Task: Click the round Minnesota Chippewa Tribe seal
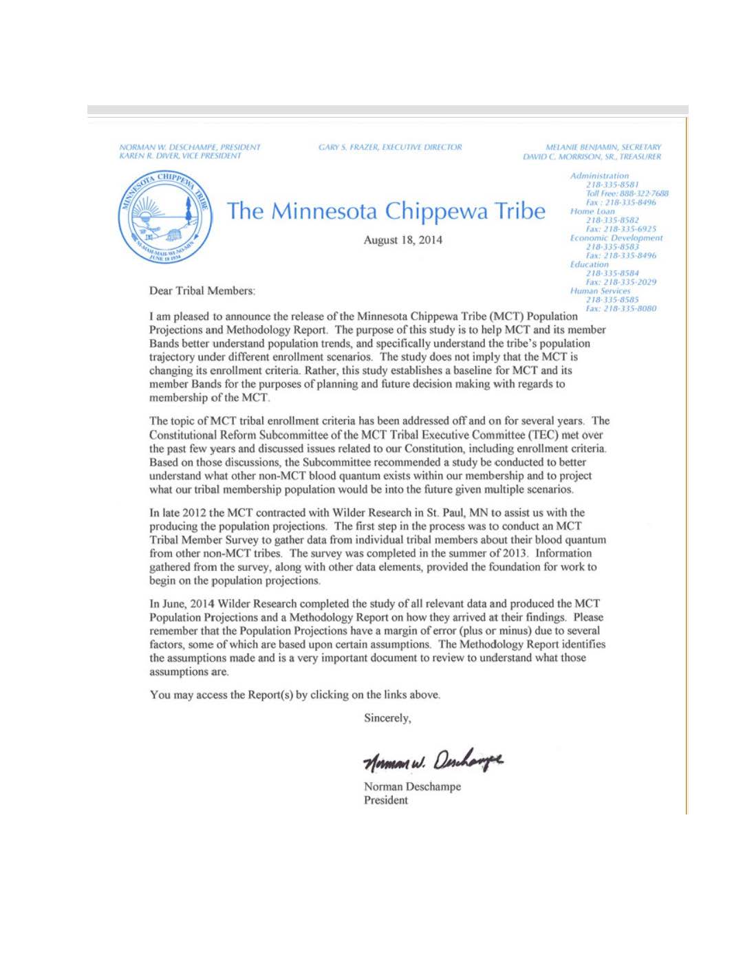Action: (165, 218)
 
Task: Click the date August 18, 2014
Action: (402, 240)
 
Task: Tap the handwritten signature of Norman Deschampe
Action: (433, 760)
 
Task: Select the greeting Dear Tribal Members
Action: (202, 291)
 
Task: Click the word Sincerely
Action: (387, 718)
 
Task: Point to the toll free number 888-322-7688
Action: (636, 194)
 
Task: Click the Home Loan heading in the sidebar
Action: (592, 211)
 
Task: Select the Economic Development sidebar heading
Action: (616, 238)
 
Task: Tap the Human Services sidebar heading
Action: (600, 291)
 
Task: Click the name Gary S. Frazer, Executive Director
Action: (390, 147)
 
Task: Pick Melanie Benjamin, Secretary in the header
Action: (603, 147)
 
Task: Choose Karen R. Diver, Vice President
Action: (180, 156)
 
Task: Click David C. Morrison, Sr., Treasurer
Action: (592, 157)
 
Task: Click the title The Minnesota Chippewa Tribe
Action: (385, 210)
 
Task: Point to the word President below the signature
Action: (385, 800)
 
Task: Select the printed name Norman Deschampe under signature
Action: (412, 786)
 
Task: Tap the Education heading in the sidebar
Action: (589, 264)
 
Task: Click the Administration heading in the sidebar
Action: (599, 176)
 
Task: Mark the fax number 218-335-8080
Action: (629, 309)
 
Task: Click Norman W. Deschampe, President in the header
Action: (190, 147)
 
